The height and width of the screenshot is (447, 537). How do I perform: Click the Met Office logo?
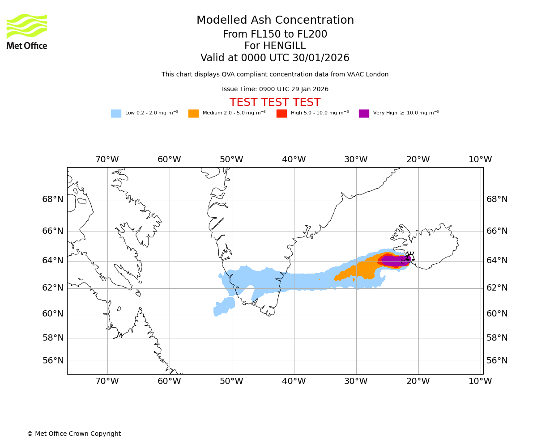coord(27,31)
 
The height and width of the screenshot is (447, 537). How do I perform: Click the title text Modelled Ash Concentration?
coord(275,21)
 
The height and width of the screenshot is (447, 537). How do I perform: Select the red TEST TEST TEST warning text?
coord(275,103)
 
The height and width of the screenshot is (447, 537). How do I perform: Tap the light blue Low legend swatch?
coord(116,114)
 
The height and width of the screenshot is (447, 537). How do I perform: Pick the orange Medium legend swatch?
coord(193,114)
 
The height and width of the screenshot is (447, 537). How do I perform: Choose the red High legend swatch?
coord(281,114)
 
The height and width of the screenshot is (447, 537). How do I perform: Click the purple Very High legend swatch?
coord(364,114)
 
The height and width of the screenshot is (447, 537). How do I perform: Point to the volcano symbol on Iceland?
coord(410,257)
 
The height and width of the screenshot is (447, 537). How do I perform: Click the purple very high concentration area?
coord(394,260)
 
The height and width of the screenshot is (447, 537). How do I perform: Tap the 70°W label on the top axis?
coord(107,160)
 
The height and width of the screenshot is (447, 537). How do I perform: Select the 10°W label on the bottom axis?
coord(480,381)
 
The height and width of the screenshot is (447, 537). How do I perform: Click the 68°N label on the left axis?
coord(53,199)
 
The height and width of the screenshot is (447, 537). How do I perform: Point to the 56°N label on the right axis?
coord(497,361)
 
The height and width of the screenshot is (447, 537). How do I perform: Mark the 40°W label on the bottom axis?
coord(294,381)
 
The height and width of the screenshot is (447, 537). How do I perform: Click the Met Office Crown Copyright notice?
coord(74,434)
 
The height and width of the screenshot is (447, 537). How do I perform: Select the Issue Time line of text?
coord(275,89)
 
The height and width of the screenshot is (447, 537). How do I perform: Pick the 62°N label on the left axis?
coord(53,288)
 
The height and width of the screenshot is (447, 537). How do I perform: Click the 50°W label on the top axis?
coord(231,160)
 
